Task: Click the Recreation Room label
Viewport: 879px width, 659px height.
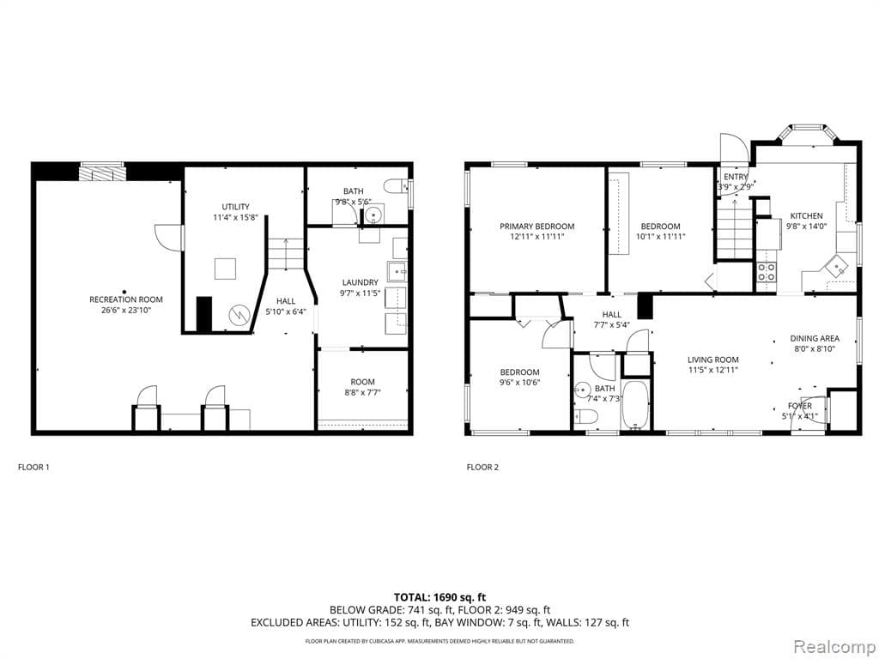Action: [x=126, y=299]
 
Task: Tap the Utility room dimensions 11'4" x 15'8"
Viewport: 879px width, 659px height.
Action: [x=235, y=218]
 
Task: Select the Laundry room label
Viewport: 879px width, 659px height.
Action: [x=360, y=282]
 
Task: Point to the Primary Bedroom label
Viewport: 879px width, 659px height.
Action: [x=537, y=227]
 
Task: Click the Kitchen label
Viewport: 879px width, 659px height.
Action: [x=806, y=216]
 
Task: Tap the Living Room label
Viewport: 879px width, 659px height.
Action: [x=712, y=360]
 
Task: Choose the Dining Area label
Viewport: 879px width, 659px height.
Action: [x=814, y=339]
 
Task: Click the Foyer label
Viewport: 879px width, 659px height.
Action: [x=799, y=406]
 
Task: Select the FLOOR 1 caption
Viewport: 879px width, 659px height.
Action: [x=34, y=468]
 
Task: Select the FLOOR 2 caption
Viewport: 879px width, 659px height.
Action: [x=482, y=468]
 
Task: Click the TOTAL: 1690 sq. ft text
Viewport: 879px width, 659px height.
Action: [x=439, y=596]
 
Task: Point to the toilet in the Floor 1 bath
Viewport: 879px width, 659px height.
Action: [x=397, y=187]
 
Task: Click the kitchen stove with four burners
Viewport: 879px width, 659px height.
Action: [x=767, y=272]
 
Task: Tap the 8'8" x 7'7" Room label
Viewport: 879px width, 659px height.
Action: [x=361, y=388]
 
